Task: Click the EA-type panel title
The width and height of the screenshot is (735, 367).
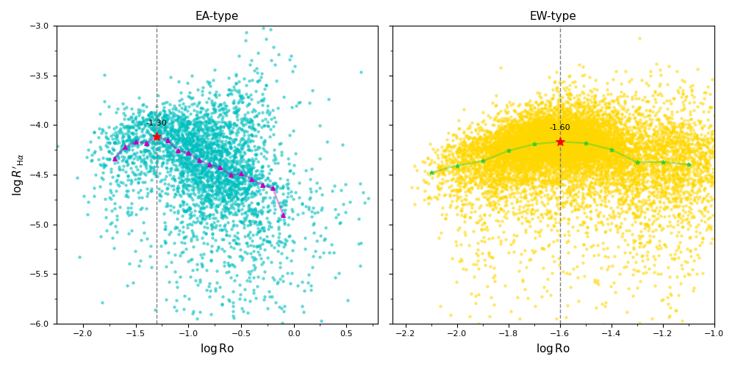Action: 217,16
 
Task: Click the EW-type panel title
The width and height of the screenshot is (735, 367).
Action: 553,16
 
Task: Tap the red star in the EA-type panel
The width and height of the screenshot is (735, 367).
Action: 157,137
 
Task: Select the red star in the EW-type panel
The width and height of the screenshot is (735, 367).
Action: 560,142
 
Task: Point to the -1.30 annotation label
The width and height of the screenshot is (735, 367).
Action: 157,123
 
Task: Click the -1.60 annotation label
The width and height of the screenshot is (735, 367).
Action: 560,128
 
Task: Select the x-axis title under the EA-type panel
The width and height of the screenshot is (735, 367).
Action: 217,349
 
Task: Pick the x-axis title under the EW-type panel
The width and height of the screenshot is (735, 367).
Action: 553,349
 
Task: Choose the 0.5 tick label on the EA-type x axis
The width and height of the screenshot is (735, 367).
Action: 347,333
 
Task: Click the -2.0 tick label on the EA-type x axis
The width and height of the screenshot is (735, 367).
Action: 82,333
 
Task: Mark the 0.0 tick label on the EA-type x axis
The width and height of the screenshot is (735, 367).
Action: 294,333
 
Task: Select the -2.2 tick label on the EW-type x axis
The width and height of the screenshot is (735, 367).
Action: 405,333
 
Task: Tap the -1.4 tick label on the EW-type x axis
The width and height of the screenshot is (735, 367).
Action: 611,333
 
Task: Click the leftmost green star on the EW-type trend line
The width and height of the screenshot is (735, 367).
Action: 431,172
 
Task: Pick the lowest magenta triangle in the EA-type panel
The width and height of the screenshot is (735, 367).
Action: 283,215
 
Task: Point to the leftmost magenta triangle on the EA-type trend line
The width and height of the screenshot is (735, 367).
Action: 115,159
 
